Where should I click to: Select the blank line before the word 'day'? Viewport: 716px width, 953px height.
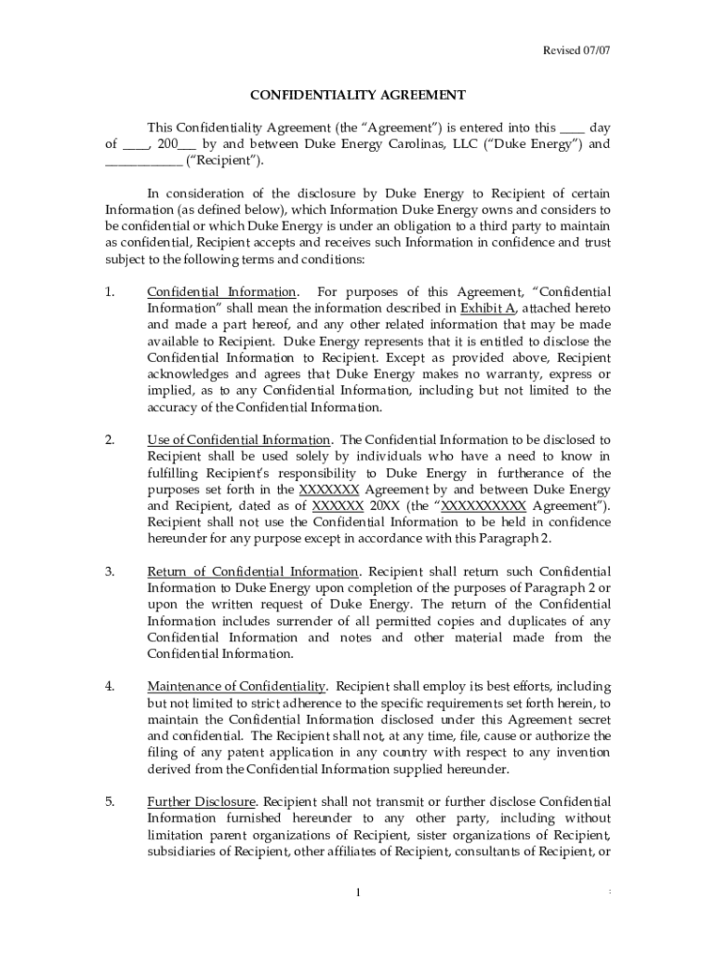[x=574, y=128]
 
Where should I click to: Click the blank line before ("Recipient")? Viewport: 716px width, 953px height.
[x=143, y=161]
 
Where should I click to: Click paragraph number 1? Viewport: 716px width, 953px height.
[x=110, y=292]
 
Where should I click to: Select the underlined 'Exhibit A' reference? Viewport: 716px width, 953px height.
[x=487, y=308]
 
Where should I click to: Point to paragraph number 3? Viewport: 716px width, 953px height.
[x=110, y=571]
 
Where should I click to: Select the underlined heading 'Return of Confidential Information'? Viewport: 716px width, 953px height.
[x=252, y=571]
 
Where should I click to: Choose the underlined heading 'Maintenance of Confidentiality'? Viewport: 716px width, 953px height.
[x=237, y=687]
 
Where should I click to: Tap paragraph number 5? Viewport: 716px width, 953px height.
[x=110, y=802]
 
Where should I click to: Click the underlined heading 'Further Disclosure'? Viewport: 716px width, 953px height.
[x=201, y=802]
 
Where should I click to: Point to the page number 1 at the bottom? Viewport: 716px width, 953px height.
[x=358, y=894]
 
